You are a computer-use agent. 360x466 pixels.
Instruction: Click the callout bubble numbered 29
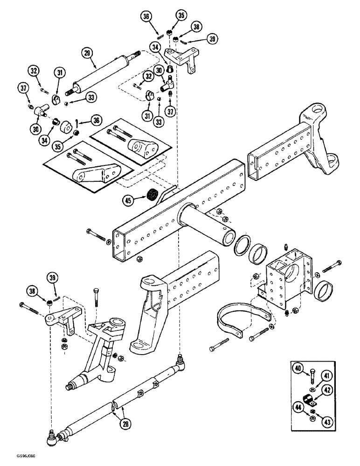(86, 52)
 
